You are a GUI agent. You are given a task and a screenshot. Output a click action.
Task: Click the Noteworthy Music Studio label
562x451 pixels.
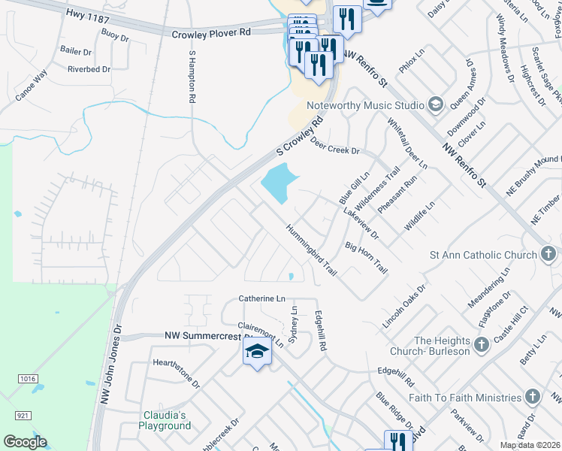coord(374,105)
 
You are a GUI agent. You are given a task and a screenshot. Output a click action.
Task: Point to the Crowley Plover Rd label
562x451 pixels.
coord(210,34)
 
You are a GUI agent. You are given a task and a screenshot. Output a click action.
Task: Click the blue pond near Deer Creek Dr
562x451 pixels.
coord(279,183)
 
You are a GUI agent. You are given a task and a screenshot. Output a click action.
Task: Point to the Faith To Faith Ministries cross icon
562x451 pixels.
coord(532,397)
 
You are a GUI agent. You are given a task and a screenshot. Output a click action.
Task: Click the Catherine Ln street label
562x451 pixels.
coord(262,298)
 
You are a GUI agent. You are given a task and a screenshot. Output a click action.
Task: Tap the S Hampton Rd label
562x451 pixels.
coord(192,77)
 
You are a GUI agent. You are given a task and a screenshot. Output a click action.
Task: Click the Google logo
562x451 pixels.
coord(25,442)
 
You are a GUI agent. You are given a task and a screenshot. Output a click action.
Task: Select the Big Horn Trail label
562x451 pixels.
coord(366,257)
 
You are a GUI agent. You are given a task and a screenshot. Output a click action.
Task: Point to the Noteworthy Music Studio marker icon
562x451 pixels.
coord(435,104)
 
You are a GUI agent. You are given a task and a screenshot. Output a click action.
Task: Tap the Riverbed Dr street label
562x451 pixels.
coord(89,69)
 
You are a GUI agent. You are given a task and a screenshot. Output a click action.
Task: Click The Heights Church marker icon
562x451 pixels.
coord(482,346)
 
